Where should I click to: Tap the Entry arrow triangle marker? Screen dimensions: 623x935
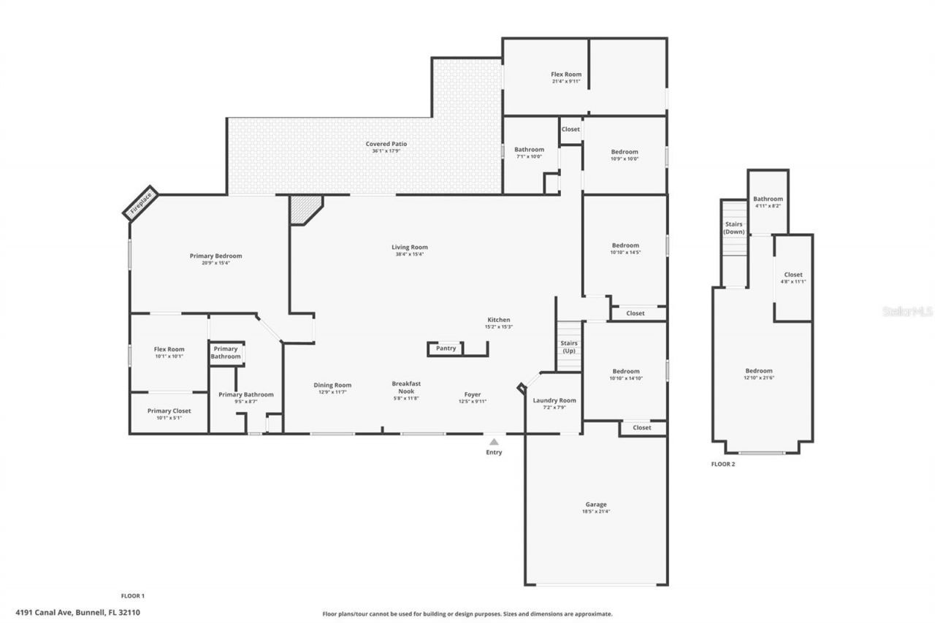pyautogui.click(x=494, y=441)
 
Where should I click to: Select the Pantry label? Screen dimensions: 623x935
pyautogui.click(x=446, y=348)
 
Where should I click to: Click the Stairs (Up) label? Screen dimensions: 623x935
pyautogui.click(x=569, y=347)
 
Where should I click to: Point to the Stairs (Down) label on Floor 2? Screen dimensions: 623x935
pyautogui.click(x=733, y=228)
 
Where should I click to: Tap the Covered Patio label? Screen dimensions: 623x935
pyautogui.click(x=386, y=144)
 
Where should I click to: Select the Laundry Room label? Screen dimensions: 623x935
pyautogui.click(x=554, y=400)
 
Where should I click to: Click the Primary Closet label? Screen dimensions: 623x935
pyautogui.click(x=169, y=410)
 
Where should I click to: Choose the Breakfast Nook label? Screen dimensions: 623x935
pyautogui.click(x=406, y=387)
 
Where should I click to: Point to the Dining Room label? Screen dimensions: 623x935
pyautogui.click(x=332, y=385)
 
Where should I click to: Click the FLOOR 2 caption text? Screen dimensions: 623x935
pyautogui.click(x=722, y=464)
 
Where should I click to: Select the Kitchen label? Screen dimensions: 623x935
pyautogui.click(x=499, y=320)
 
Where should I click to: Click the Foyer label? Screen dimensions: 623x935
pyautogui.click(x=473, y=394)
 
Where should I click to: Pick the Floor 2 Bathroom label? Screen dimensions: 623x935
pyautogui.click(x=768, y=199)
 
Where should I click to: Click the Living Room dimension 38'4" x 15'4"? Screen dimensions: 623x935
pyautogui.click(x=409, y=254)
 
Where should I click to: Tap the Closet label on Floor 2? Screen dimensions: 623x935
pyautogui.click(x=793, y=275)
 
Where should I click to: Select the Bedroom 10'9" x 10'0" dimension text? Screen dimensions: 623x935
pyautogui.click(x=625, y=158)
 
